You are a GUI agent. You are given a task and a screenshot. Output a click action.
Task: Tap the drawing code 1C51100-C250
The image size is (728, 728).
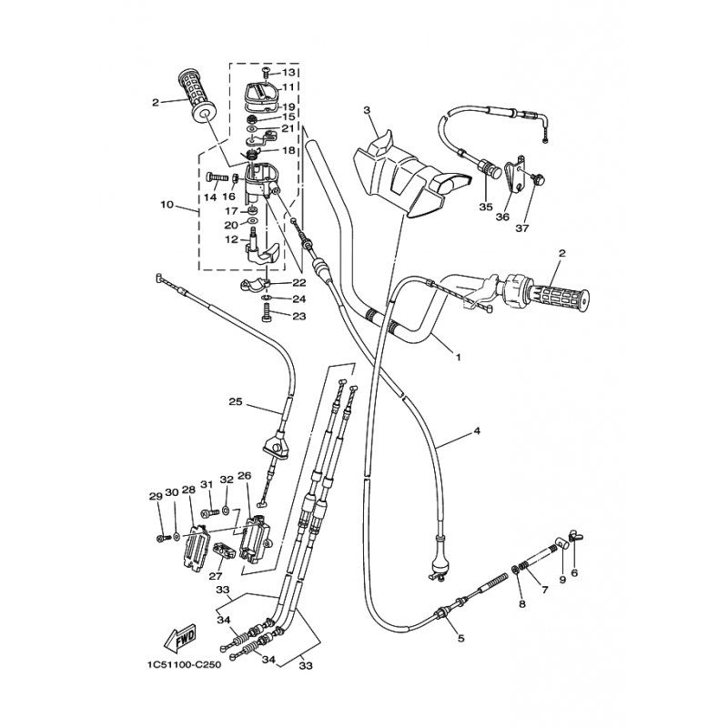click(x=185, y=664)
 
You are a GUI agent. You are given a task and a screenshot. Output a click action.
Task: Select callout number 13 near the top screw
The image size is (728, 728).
click(x=288, y=73)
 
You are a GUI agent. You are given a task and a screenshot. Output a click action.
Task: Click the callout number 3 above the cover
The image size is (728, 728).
click(x=367, y=110)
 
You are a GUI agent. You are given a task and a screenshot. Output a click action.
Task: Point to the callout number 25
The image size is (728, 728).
click(x=236, y=401)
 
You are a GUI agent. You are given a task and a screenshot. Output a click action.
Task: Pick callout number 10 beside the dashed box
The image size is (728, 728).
click(x=167, y=204)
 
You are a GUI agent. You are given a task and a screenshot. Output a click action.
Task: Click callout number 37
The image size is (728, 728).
click(x=522, y=228)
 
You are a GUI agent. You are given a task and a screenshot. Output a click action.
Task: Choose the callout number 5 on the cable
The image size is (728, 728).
click(x=460, y=639)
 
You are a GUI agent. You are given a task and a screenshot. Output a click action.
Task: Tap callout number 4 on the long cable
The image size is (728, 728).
click(x=476, y=430)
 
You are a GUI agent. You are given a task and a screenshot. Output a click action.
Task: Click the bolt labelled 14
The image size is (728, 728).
click(x=217, y=177)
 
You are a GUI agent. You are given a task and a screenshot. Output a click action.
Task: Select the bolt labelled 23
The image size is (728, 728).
click(x=267, y=311)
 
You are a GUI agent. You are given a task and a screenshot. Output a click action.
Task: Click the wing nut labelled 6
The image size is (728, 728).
click(x=575, y=538)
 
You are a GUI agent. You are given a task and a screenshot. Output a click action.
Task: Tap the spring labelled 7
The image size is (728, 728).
click(x=524, y=566)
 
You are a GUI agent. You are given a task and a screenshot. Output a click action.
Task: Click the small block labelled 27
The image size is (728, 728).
click(x=223, y=552)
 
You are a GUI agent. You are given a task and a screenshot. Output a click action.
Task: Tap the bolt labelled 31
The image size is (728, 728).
click(x=210, y=512)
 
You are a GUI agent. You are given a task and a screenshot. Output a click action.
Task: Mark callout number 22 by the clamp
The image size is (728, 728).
click(x=299, y=282)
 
